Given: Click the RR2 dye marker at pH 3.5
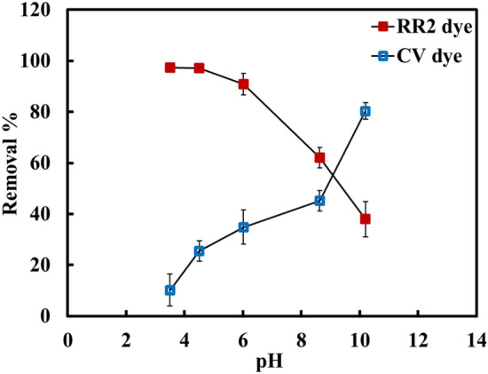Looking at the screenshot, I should point(170,68).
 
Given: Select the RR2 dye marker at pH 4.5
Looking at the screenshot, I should point(200,68).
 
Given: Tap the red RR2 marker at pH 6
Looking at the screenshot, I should point(243,84).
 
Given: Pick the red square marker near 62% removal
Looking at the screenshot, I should point(319,157).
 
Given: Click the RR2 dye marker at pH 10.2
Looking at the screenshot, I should point(365,219).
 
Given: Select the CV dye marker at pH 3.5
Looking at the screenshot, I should point(170,290).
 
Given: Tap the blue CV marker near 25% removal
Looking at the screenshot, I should point(200,251).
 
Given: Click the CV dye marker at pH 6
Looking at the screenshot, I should point(243,227).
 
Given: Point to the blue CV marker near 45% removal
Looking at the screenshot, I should point(319,201).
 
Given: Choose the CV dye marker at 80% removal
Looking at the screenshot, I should point(365,111).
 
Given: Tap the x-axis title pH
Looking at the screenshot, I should point(272,362).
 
